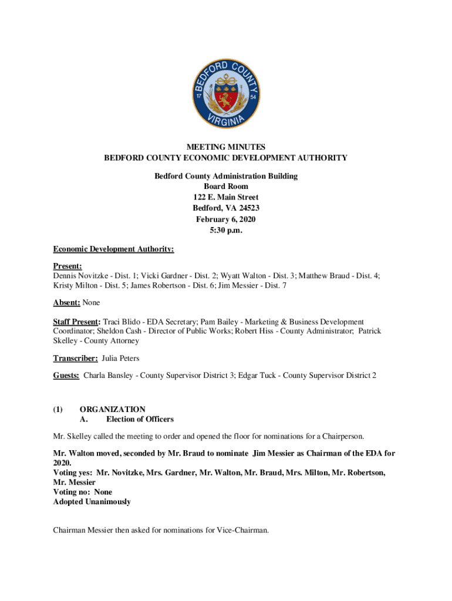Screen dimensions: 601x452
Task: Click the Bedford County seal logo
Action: (x=226, y=96)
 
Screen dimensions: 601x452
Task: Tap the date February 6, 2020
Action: (x=226, y=219)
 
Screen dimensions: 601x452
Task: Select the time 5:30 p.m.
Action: (x=226, y=230)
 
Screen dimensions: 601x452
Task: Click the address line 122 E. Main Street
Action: (x=226, y=197)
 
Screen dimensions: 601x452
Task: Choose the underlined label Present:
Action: (x=67, y=265)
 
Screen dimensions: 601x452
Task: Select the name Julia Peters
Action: (x=120, y=358)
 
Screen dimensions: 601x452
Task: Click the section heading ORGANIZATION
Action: (x=112, y=409)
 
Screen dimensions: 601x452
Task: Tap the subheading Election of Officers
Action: (x=140, y=419)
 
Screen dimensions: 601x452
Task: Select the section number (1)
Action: (x=58, y=409)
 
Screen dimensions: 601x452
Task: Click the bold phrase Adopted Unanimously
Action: (x=92, y=502)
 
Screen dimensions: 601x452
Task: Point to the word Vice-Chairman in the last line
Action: (x=242, y=531)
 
